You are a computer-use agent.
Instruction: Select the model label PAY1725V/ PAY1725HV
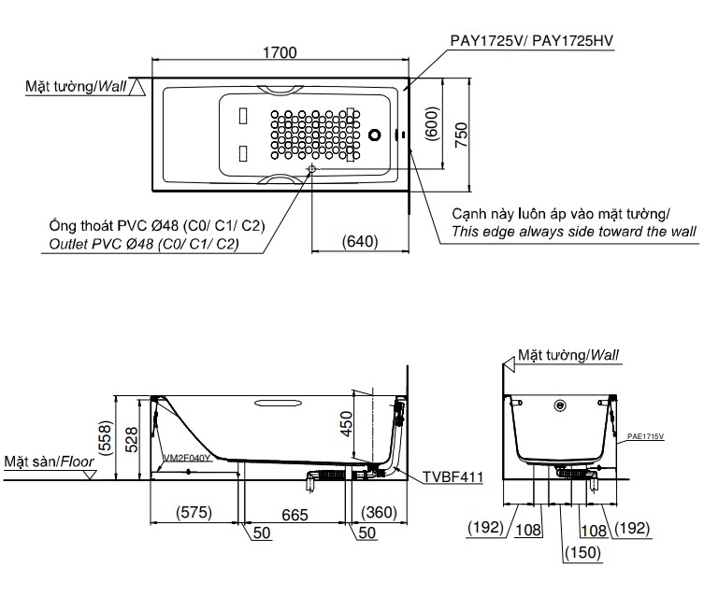pos(526,41)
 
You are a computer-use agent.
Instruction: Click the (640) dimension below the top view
pos(360,241)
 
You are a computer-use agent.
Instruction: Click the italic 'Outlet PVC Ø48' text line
pos(143,244)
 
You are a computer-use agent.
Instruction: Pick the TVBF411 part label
pos(452,477)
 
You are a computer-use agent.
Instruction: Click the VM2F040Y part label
pos(187,459)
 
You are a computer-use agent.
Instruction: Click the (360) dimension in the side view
pos(379,512)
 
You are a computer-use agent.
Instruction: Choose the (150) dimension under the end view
pos(582,553)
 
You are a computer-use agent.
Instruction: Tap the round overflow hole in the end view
pos(560,406)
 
